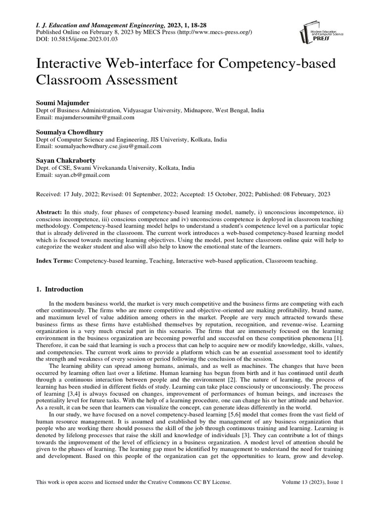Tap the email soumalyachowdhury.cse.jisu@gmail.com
tap(107, 147)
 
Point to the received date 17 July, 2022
tap(84, 195)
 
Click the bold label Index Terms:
tap(54, 260)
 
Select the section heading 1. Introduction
tap(60, 289)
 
